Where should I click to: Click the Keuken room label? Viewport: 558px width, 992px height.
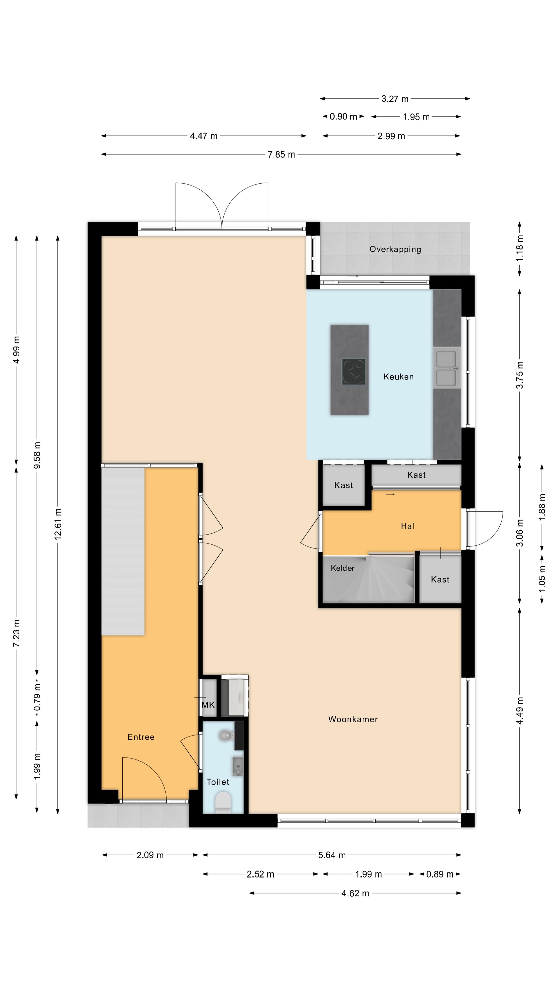pos(398,377)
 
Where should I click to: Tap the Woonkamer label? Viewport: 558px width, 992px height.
pos(353,719)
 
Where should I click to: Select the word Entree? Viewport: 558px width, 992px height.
pos(141,737)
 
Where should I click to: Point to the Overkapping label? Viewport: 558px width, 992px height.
pos(395,249)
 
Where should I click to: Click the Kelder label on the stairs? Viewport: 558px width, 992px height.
pos(342,568)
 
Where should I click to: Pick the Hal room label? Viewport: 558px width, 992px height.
pos(407,526)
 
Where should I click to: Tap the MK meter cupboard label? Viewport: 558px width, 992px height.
pos(208,705)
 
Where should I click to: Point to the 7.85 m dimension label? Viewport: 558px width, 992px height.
pos(281,154)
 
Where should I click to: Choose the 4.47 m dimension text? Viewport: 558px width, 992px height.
pos(204,136)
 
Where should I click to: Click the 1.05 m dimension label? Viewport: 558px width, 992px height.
pos(542,578)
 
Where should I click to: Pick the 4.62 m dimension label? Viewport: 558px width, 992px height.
pos(355,893)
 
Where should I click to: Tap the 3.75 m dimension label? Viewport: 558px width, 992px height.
pos(520,375)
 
